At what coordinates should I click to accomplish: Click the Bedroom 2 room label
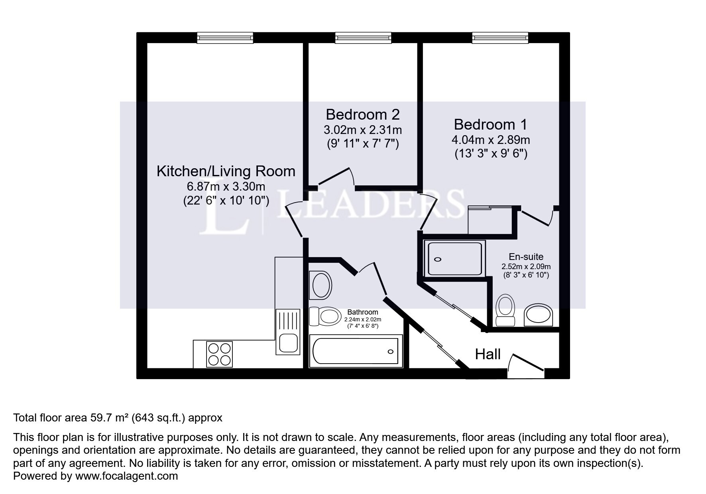point(362,115)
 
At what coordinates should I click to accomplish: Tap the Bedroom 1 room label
point(490,125)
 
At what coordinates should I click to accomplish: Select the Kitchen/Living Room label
point(226,171)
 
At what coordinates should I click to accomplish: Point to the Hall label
point(488,354)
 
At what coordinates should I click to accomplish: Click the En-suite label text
point(526,257)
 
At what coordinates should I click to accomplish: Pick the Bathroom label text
point(362,312)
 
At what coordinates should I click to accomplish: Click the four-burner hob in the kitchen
point(219,354)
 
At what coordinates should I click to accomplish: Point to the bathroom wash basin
point(321,285)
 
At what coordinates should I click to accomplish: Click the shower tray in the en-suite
point(455,258)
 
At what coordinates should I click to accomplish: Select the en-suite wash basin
point(539,315)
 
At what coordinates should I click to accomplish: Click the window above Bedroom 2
point(363,38)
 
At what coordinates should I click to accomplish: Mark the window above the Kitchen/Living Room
point(225,38)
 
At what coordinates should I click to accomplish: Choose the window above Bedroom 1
point(500,38)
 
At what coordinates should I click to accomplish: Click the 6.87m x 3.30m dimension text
point(226,187)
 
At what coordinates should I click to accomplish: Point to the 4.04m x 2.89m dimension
point(491,140)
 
